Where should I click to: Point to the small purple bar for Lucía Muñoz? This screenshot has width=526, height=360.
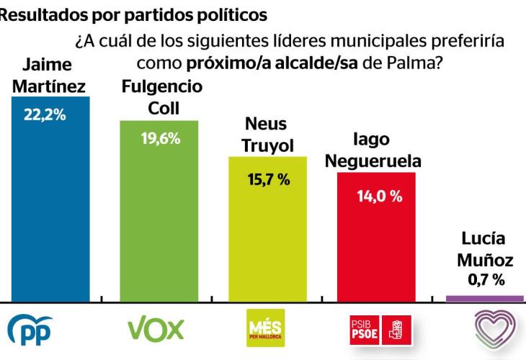coord(485,297)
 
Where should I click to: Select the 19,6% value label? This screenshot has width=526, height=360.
coord(159,138)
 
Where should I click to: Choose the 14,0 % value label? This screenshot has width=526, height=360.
coord(379,196)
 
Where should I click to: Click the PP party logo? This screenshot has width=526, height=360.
coord(32,330)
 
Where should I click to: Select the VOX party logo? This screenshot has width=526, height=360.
coord(156,329)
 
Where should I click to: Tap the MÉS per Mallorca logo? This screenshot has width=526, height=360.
coord(265,329)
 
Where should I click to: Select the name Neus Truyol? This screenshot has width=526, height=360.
coord(267,135)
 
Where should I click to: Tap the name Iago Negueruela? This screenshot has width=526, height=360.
coord(373,150)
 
